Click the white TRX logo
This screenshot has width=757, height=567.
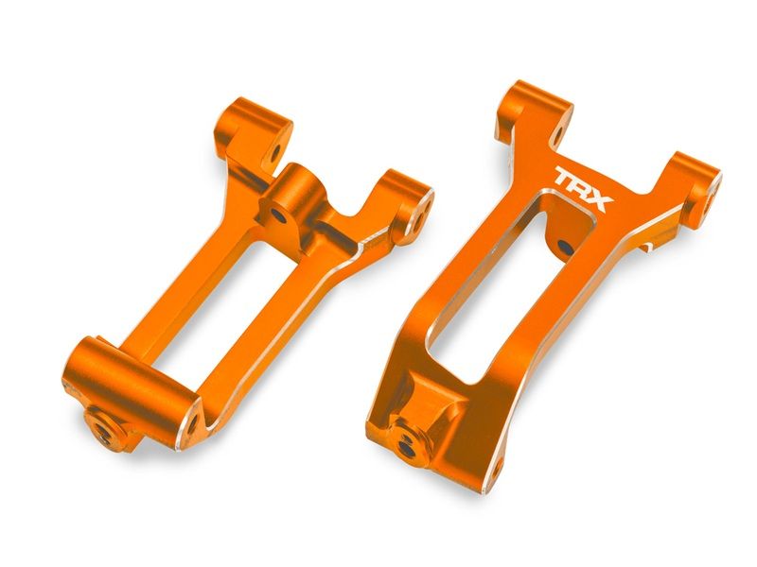(584, 187)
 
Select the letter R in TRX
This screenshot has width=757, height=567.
(584, 187)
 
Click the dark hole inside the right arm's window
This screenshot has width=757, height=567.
(564, 248)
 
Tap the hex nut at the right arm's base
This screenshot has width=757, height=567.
(408, 447)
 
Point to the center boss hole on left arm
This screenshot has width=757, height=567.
(281, 216)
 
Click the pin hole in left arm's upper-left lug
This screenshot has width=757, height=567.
(275, 150)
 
